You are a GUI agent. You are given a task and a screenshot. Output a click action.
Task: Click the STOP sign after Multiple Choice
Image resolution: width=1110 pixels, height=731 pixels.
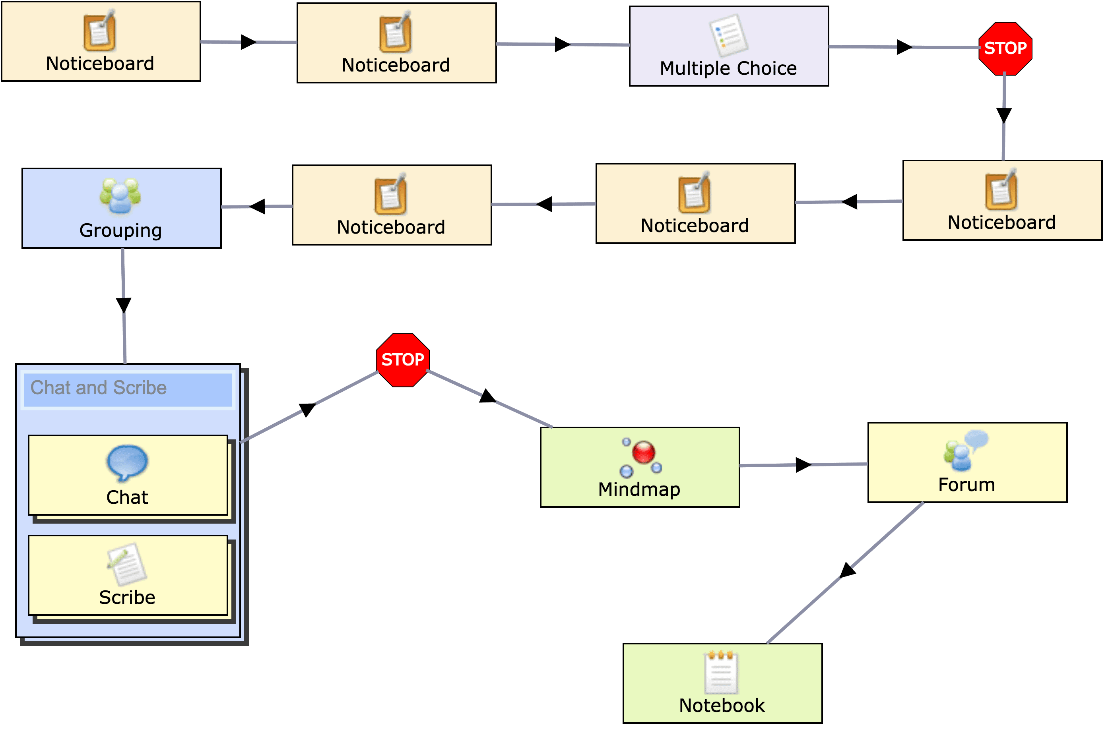pos(1005,48)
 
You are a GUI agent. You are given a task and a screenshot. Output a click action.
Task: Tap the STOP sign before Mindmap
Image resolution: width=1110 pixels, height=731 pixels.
pos(402,360)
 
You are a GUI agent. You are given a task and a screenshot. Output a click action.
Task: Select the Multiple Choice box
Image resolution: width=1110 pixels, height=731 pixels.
pos(728,46)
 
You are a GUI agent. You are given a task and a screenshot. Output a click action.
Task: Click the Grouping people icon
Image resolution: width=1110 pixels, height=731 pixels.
pos(120,196)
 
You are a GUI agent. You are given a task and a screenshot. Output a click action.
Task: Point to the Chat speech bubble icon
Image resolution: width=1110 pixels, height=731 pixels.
pos(127,462)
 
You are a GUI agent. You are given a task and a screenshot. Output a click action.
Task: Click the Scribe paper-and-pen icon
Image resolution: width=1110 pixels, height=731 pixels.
pos(127,564)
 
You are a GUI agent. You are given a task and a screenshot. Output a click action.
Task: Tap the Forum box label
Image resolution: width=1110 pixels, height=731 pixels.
pos(966,485)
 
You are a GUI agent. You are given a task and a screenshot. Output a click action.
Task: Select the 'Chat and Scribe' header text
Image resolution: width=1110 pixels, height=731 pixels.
pos(99,388)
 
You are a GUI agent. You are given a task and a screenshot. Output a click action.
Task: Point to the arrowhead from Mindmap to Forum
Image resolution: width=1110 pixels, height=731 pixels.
pos(803,465)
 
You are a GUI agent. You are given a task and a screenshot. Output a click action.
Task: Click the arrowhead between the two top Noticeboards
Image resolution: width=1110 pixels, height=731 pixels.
pos(248,42)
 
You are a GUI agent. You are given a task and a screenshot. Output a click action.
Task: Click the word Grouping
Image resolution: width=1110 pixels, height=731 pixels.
pos(120,231)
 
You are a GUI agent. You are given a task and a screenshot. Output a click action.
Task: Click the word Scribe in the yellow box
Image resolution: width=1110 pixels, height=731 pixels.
pos(127,598)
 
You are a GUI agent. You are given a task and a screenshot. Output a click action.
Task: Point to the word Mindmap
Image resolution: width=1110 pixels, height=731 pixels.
pos(639,489)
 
